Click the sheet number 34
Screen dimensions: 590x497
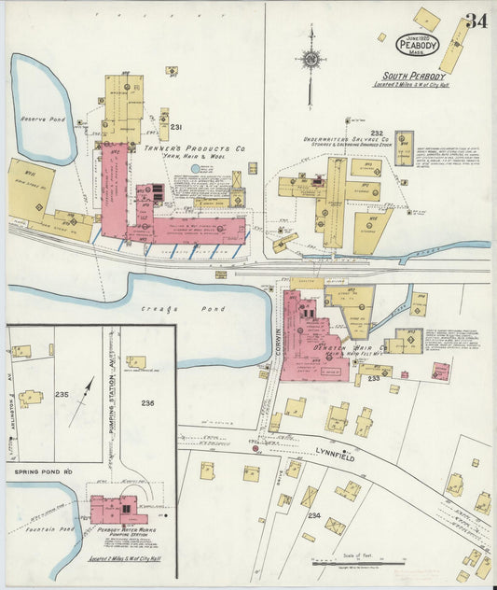tap(476, 21)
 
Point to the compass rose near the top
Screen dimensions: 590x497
tap(311, 60)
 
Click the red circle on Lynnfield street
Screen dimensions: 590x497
tap(255, 449)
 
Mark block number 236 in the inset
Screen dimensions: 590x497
tap(147, 402)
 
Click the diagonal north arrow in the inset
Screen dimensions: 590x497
tap(81, 400)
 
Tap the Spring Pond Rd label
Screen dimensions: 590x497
tap(42, 472)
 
